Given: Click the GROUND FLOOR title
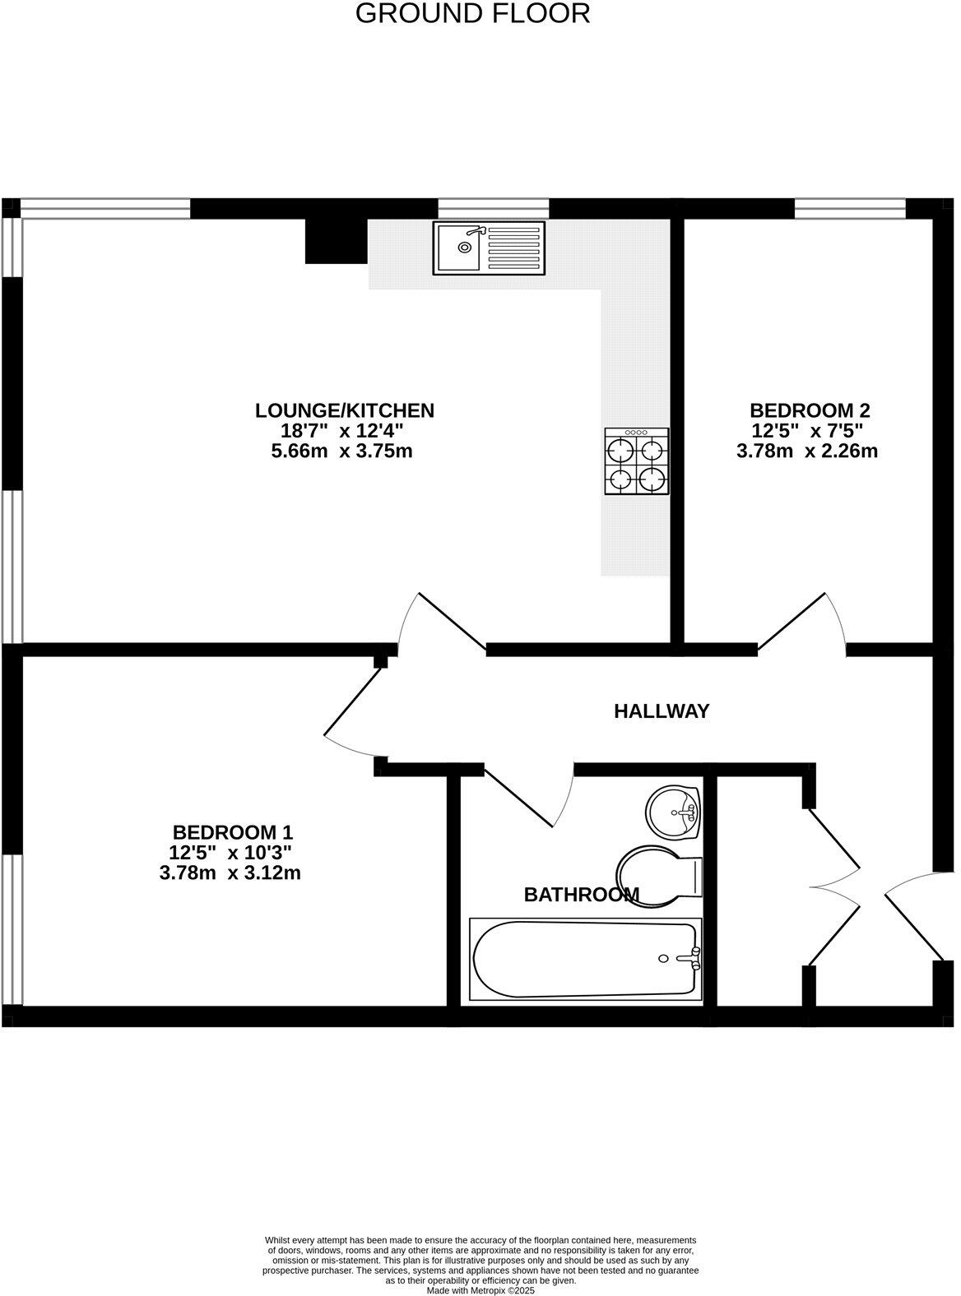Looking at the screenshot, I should click(x=472, y=14).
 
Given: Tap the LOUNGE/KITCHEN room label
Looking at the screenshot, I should click(x=344, y=410).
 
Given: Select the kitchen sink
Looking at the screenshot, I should click(x=489, y=248).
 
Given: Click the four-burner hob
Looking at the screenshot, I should click(x=637, y=461).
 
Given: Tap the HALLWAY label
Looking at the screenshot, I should click(x=662, y=711).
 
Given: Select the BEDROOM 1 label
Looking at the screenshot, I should click(x=233, y=831).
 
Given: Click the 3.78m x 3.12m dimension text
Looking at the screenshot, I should click(x=230, y=872).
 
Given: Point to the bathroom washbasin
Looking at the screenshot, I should click(x=674, y=812).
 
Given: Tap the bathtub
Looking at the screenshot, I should click(x=586, y=960).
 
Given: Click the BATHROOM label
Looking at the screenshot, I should click(x=581, y=894).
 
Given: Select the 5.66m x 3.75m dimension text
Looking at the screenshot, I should click(x=341, y=451).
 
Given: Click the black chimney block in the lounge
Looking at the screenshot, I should click(x=336, y=241).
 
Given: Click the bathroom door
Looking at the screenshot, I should click(x=527, y=795).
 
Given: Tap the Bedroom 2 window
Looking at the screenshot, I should click(x=850, y=208).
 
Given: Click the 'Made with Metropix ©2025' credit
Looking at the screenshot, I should click(x=480, y=1290).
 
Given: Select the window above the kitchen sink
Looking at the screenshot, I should click(x=493, y=208).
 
